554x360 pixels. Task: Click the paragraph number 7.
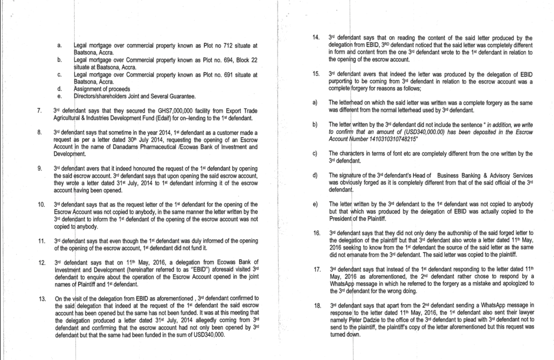tap(39, 112)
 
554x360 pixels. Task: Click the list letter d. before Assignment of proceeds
tap(58, 88)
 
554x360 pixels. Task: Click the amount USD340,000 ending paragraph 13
tap(207, 335)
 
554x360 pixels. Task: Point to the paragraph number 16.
tap(316, 233)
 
